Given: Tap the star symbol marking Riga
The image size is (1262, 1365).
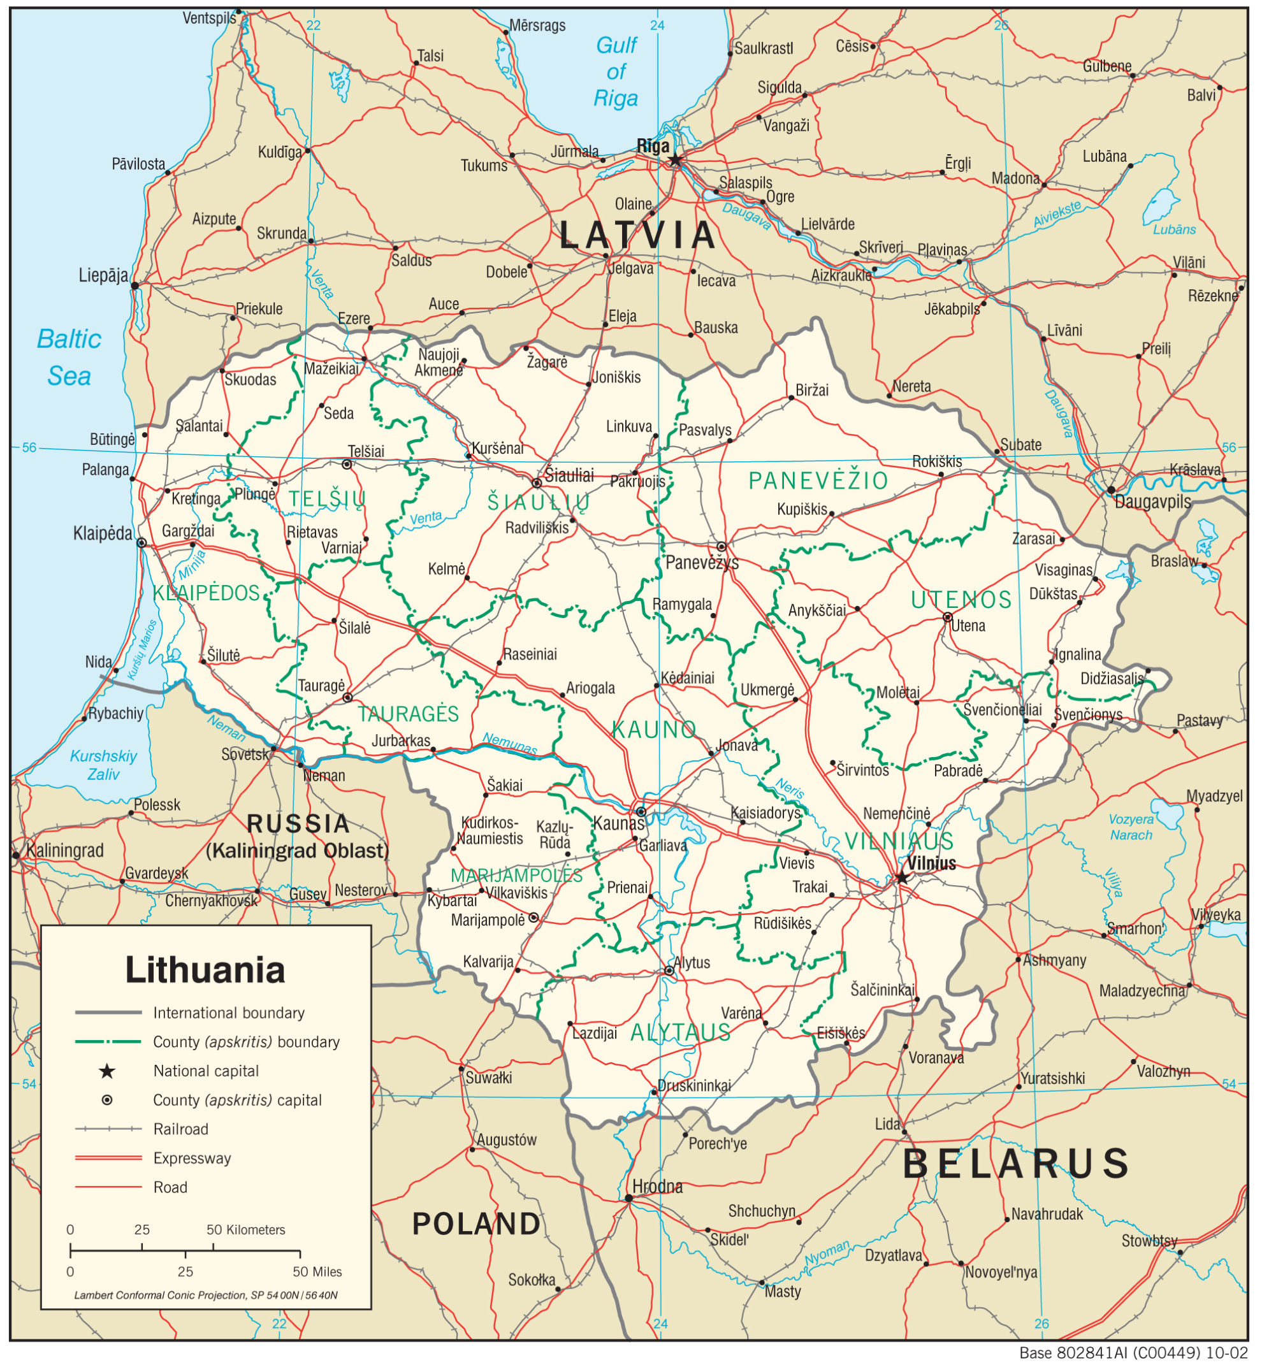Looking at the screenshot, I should [675, 161].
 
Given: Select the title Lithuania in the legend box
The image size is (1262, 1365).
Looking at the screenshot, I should [205, 971].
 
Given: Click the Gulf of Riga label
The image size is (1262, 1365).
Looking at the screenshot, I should [616, 72].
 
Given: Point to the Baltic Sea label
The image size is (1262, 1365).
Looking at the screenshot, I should [69, 357].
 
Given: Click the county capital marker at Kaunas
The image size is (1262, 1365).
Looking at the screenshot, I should [641, 812].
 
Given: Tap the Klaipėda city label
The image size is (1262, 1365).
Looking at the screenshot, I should [103, 533].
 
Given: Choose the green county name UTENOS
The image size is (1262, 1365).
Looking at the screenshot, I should [961, 600].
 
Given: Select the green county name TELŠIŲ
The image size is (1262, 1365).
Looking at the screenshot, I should [326, 499].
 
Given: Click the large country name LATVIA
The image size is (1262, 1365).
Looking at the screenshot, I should [637, 236].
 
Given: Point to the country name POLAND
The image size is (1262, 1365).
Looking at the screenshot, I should [476, 1224].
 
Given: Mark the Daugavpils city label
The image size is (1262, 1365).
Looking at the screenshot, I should [1153, 502].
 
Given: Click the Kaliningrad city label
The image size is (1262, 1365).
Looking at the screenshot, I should [65, 850].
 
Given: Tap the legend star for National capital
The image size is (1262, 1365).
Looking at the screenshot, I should [107, 1071].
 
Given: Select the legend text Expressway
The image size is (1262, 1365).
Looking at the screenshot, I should [192, 1158].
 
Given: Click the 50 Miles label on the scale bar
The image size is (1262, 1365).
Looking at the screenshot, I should [317, 1272].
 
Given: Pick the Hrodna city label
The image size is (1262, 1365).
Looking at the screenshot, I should [657, 1186].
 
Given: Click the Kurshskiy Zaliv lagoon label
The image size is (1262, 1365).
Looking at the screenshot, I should [104, 765].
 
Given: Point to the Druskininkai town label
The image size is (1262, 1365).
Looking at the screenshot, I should [694, 1086].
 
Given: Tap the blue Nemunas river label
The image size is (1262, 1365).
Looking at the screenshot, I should [509, 744].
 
